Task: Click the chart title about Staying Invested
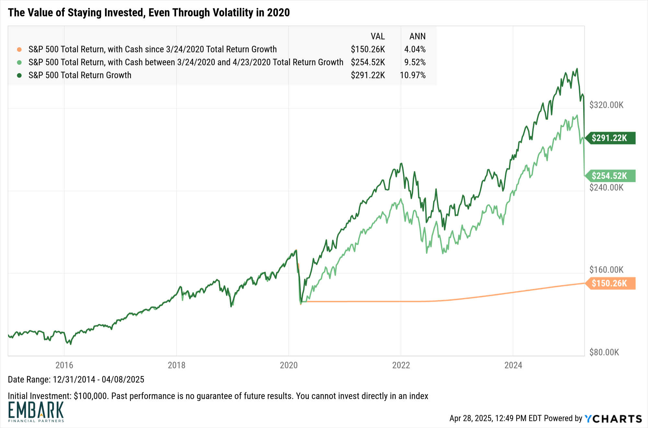click(x=149, y=13)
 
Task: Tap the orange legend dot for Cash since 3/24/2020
click(x=19, y=50)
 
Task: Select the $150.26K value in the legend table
click(x=368, y=50)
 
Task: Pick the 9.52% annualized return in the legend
click(x=415, y=62)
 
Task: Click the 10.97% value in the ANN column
click(x=413, y=75)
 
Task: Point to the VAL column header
click(x=378, y=36)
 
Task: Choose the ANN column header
click(x=417, y=36)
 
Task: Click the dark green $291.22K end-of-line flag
click(x=611, y=138)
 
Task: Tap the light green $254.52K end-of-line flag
click(x=611, y=176)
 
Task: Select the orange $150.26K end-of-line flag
click(x=611, y=283)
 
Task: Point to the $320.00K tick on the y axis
click(x=606, y=105)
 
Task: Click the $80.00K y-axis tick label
click(x=604, y=352)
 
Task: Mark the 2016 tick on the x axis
click(x=64, y=365)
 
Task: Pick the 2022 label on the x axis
click(x=401, y=365)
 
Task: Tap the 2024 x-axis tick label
click(x=513, y=365)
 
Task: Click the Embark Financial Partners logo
click(x=36, y=412)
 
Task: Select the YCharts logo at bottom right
click(x=613, y=419)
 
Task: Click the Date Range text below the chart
click(x=76, y=379)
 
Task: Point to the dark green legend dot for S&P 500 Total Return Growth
click(x=19, y=75)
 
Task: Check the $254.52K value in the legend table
click(x=368, y=62)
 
